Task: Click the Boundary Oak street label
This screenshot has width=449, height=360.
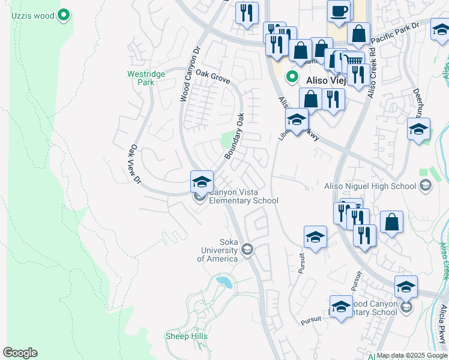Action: point(235,136)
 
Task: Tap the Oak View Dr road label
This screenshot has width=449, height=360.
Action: point(135,164)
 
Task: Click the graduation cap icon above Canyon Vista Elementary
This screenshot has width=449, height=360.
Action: point(202,181)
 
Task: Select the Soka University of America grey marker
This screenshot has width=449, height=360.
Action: point(247,249)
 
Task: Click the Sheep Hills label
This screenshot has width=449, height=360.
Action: point(187,336)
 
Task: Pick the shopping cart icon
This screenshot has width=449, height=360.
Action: point(354,60)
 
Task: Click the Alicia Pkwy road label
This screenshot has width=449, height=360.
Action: point(442,324)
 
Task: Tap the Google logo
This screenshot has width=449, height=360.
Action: point(20,353)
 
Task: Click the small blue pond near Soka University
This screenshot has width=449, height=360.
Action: point(223,280)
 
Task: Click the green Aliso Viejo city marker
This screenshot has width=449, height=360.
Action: point(292,77)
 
